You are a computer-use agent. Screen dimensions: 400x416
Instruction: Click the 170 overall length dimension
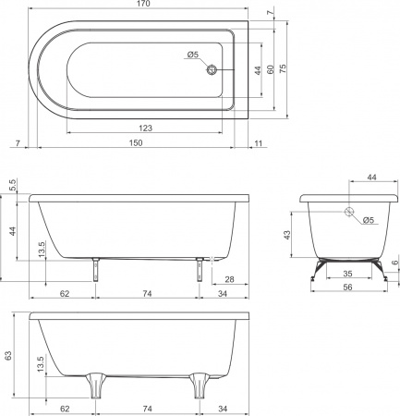[x=144, y=4]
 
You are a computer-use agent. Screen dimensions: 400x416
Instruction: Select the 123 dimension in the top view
[x=145, y=128]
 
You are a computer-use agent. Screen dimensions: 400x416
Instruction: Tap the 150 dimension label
[x=136, y=143]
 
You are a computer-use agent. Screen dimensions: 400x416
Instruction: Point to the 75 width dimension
[x=283, y=68]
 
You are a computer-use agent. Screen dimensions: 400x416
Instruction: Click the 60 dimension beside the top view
[x=270, y=69]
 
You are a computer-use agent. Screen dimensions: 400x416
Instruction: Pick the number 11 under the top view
[x=259, y=143]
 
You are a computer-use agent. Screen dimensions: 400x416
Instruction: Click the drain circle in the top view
[x=212, y=70]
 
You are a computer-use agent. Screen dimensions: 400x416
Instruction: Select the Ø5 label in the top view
[x=193, y=55]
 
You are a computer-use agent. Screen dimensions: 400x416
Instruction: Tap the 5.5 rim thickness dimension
[x=13, y=185]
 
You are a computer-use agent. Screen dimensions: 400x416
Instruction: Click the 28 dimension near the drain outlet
[x=229, y=279]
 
